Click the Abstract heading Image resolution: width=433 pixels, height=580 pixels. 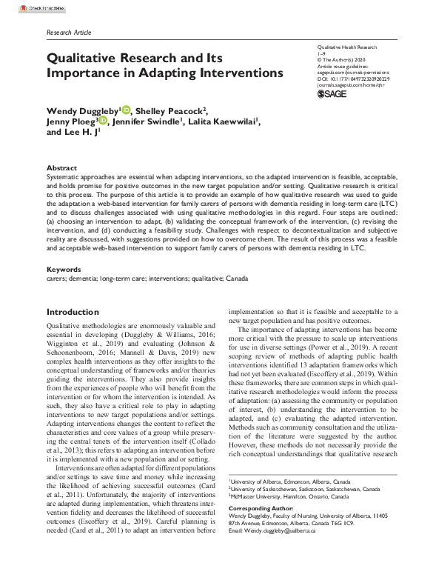(61, 168)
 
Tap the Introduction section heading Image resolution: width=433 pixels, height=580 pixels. (72, 312)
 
